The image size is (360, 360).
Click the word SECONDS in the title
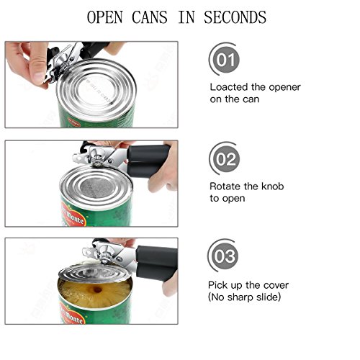tap(235, 17)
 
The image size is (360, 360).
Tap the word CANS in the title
tap(149, 17)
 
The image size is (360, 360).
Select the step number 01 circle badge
tap(225, 59)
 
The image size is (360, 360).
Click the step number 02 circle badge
tap(225, 158)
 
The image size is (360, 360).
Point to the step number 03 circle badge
tap(223, 256)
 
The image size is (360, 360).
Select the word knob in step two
tap(272, 186)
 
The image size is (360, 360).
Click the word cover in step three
tap(275, 285)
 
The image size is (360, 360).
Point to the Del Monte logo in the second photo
tap(72, 215)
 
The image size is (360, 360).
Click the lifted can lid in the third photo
tap(96, 272)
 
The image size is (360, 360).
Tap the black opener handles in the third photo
tap(156, 263)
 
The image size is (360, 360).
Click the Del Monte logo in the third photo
tap(72, 313)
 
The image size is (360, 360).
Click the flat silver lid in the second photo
tap(96, 186)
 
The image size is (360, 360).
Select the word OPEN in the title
tap(104, 17)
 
